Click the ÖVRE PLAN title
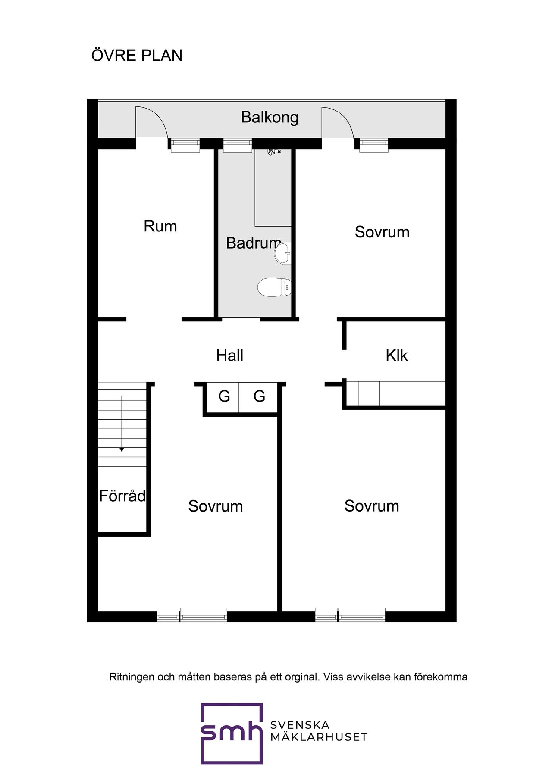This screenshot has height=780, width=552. [x=137, y=56]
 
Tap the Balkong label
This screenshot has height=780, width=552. [x=270, y=117]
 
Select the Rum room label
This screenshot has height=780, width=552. [x=160, y=226]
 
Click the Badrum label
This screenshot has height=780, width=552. [x=253, y=243]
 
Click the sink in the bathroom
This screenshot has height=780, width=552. [x=283, y=253]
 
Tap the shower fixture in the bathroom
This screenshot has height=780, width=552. [x=273, y=151]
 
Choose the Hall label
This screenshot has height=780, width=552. [x=229, y=356]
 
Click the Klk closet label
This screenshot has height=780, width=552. [x=396, y=356]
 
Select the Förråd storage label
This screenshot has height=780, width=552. [x=122, y=496]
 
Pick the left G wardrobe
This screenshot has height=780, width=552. [x=224, y=396]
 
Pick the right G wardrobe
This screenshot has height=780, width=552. [x=259, y=396]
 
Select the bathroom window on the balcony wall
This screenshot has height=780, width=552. [x=237, y=145]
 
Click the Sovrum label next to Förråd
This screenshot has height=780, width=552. [x=215, y=506]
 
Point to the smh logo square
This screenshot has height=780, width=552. [x=232, y=733]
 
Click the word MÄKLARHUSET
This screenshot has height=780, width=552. [x=319, y=737]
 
